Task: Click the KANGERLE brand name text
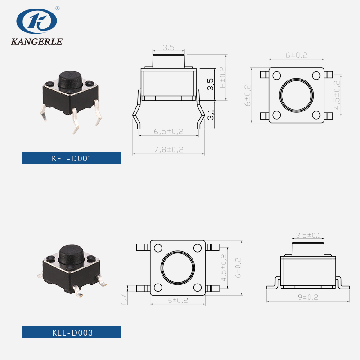(x=37, y=42)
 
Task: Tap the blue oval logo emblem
(x=37, y=21)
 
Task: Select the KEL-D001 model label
(x=72, y=158)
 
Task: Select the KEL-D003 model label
(x=72, y=333)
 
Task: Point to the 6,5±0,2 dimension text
(x=168, y=131)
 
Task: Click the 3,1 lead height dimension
(x=211, y=116)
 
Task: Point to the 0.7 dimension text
(x=124, y=299)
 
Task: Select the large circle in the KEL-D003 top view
(x=178, y=267)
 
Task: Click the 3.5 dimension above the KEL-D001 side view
(x=168, y=47)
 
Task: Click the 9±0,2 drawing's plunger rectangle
(x=308, y=249)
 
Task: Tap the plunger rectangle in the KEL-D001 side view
(x=168, y=60)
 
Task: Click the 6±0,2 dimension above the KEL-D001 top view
(x=296, y=55)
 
